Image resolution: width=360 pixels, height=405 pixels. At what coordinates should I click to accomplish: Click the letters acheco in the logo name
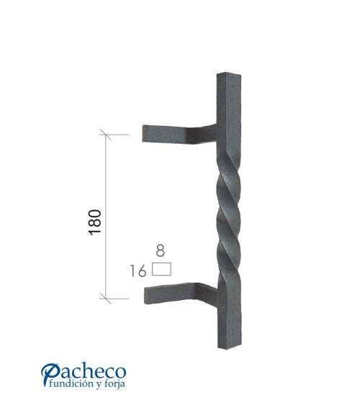(x=94, y=373)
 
